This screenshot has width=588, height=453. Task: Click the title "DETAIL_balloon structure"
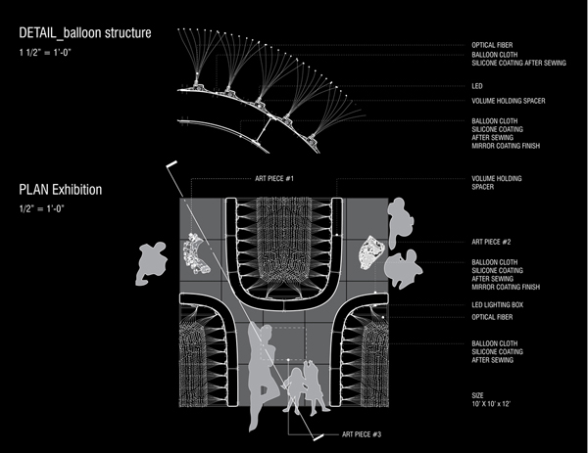point(85,34)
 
